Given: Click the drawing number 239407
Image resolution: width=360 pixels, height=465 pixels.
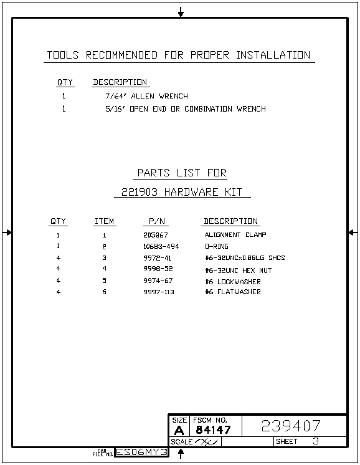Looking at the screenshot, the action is (x=291, y=426).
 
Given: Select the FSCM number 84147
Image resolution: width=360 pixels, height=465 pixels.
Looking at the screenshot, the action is (x=213, y=429).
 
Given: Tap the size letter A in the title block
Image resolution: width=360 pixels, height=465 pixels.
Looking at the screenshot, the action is (x=179, y=430).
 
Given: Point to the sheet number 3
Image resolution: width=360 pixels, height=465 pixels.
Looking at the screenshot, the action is (x=316, y=441).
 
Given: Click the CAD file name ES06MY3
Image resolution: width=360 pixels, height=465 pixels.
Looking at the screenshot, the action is (x=141, y=452).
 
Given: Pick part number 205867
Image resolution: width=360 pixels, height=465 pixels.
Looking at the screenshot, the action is (x=156, y=235).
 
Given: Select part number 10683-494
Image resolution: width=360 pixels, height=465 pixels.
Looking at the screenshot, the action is (x=161, y=246).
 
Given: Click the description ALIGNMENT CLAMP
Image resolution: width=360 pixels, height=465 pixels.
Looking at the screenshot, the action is (x=235, y=234).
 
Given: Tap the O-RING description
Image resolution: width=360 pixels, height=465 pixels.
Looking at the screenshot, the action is (x=217, y=246).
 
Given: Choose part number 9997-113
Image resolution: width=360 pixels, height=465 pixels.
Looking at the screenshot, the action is (x=159, y=292).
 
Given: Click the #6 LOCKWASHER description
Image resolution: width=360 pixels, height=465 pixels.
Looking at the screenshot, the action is (x=233, y=282).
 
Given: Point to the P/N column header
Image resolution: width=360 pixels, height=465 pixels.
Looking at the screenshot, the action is (x=157, y=221).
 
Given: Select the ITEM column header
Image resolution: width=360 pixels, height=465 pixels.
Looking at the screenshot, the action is (x=104, y=221).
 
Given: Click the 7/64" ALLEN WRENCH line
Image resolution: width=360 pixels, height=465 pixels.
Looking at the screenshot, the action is (x=146, y=96).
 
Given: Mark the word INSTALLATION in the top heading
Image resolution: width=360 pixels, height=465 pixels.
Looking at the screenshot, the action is (x=273, y=55).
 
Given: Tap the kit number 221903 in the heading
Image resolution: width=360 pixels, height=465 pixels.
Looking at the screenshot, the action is (x=140, y=192).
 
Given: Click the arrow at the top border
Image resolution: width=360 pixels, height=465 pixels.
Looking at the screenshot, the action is (x=181, y=12).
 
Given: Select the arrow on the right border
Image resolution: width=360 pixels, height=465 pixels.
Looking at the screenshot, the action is (x=353, y=232).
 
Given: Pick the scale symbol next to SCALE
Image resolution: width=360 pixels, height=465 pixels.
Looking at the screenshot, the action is (x=207, y=442).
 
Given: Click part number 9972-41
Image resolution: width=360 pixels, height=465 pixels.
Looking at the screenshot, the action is (x=158, y=258).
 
